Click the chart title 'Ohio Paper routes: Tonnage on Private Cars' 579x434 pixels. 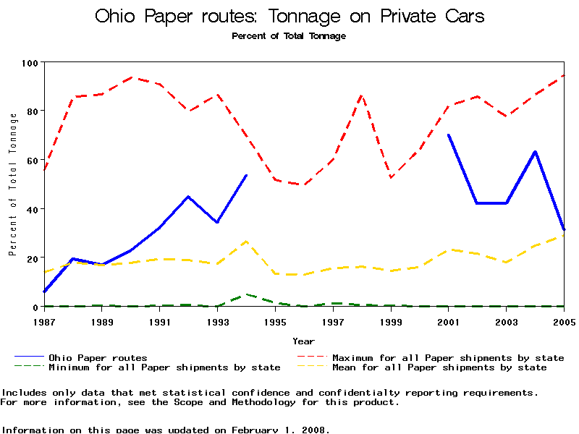point(289,16)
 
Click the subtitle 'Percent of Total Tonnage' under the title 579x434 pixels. point(289,35)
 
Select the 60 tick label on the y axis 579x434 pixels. point(30,160)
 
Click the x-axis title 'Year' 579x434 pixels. point(303,341)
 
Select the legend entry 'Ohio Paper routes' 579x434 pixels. point(98,357)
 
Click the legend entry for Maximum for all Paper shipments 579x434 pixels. point(448,357)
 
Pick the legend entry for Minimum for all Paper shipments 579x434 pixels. point(164,367)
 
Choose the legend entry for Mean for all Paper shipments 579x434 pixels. point(439,367)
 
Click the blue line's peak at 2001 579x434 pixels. point(449,135)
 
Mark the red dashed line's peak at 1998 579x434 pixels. point(362,95)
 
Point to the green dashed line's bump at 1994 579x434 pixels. point(247,294)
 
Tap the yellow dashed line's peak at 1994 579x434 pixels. point(247,241)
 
